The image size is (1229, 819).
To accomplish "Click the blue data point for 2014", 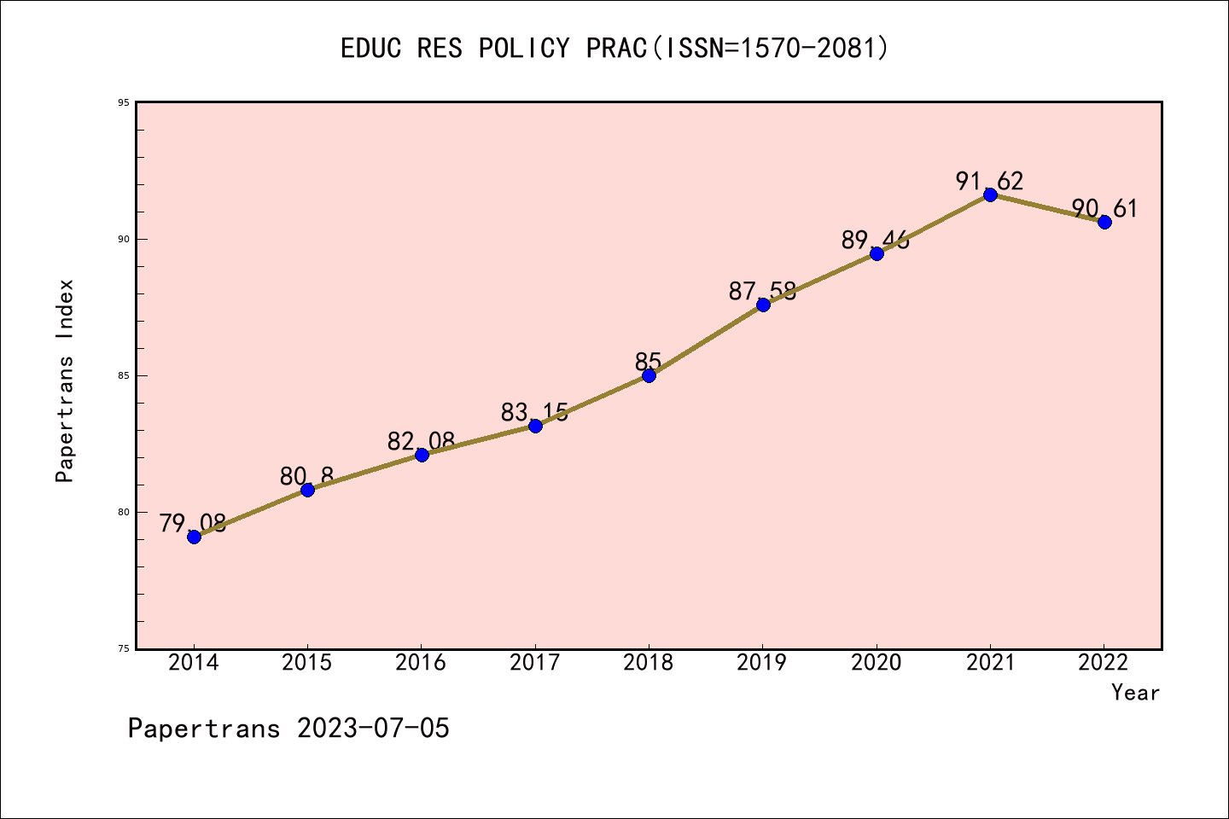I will [x=194, y=537].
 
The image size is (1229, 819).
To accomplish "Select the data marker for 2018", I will [x=649, y=375].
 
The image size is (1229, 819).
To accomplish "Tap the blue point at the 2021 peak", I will [x=990, y=195].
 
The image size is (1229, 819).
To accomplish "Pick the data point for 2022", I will [x=1104, y=222].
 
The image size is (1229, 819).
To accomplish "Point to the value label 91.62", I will [x=989, y=181].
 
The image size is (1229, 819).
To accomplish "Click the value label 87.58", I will [x=762, y=291].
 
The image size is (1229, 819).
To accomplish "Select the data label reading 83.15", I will [x=534, y=413].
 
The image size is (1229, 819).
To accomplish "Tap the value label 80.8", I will [x=306, y=476].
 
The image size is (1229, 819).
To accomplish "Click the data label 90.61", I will [x=1104, y=208].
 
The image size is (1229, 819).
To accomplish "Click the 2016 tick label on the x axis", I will [x=421, y=663].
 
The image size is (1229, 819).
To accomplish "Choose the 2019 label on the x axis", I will [x=762, y=663].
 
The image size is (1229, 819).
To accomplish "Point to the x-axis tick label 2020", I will [x=876, y=663].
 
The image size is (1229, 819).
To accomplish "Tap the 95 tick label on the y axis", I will [x=124, y=102].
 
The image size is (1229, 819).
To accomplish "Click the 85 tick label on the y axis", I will [x=124, y=375].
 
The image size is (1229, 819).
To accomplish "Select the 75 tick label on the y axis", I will [x=124, y=648].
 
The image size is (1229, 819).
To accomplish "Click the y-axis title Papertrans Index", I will [x=65, y=380].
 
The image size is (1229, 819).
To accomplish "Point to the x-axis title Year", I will [x=1135, y=693].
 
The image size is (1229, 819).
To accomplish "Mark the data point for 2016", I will [x=422, y=455].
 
